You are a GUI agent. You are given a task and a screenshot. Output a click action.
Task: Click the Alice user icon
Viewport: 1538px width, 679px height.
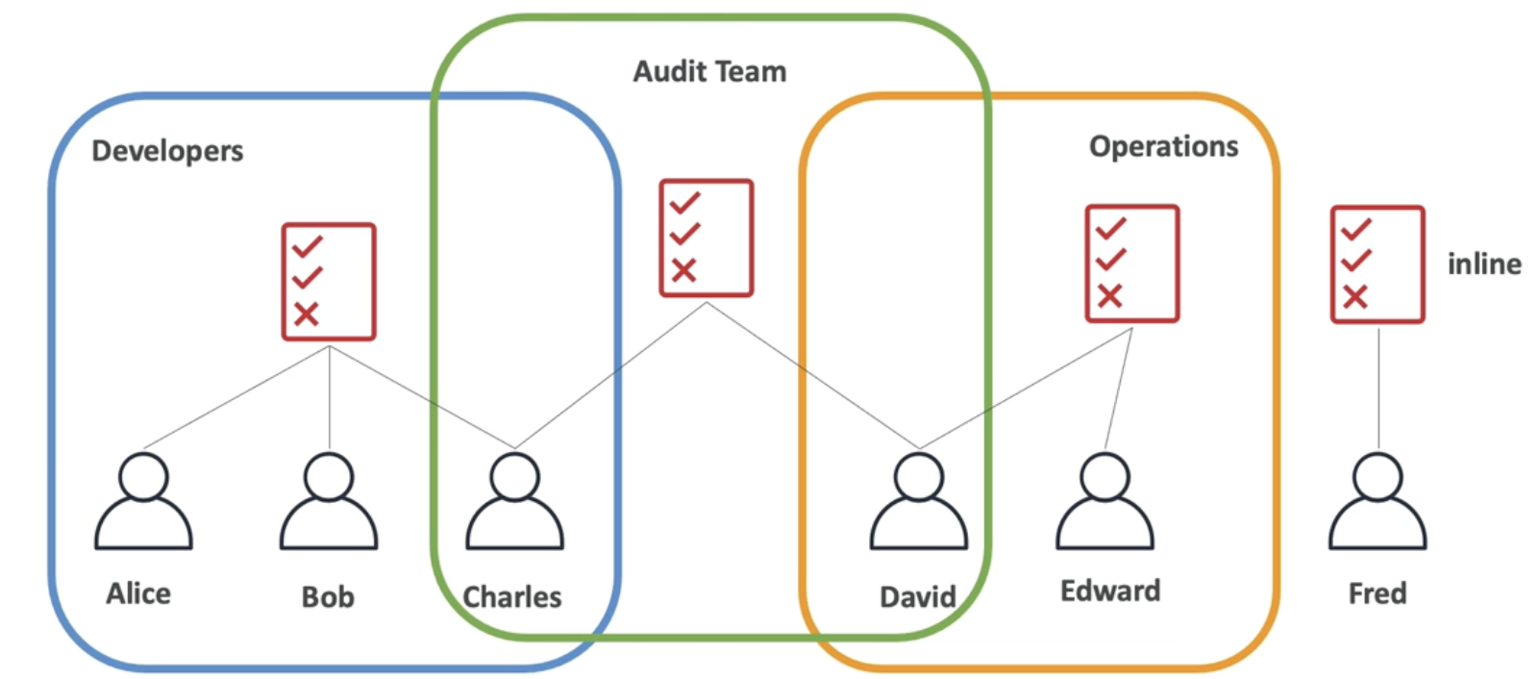coord(143,501)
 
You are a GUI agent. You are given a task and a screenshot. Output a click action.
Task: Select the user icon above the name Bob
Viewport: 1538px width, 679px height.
coord(329,501)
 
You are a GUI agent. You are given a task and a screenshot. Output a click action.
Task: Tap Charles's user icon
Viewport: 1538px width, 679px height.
coord(514,501)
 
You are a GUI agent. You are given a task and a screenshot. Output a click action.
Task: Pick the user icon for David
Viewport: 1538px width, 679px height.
coord(919,501)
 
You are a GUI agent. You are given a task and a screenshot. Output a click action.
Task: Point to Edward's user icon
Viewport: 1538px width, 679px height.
coord(1104,501)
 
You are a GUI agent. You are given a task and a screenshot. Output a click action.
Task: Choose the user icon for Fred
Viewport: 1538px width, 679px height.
coord(1377,501)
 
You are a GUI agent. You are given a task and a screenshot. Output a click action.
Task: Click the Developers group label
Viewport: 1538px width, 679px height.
coord(167,151)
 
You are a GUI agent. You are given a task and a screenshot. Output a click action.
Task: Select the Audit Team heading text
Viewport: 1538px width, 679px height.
coord(709,71)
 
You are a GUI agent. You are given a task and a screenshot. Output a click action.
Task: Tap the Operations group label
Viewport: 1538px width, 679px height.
coord(1163,146)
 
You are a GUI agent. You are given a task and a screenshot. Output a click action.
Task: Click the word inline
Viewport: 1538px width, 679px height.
coord(1484,264)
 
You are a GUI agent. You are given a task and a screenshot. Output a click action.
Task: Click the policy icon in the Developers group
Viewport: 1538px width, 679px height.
coord(329,282)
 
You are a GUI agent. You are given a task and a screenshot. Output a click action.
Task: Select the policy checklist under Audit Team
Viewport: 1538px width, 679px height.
coord(707,238)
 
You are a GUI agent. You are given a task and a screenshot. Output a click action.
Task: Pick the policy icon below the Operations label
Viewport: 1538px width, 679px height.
coord(1131,264)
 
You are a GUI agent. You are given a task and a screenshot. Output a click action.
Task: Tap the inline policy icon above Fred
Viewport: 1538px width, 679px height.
coord(1377,264)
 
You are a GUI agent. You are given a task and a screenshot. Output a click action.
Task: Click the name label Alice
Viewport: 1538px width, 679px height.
coord(138,593)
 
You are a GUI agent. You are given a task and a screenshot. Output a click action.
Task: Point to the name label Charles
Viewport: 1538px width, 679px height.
coord(512,597)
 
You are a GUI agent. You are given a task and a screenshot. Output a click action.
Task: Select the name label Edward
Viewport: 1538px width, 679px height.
coord(1110,591)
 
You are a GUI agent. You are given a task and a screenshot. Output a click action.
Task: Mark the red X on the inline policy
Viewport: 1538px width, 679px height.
coord(1355,296)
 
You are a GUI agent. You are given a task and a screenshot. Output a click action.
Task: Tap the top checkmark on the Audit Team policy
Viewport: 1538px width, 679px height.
coord(685,203)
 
